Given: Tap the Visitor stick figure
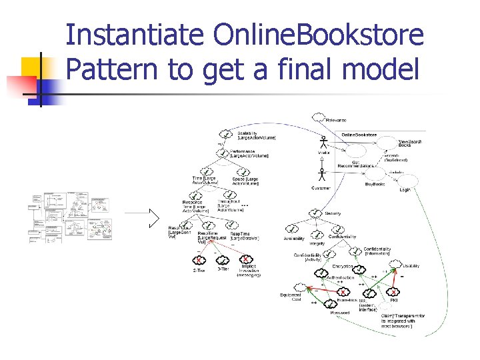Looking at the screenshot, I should pos(324,143).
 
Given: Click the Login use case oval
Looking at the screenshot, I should pos(406,181).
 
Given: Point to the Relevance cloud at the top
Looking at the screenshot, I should pos(318,119).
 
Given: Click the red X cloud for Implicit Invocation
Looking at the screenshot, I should pos(246,259).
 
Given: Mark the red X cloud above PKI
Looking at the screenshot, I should pos(394,291).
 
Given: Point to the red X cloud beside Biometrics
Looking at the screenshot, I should pos(343,292).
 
